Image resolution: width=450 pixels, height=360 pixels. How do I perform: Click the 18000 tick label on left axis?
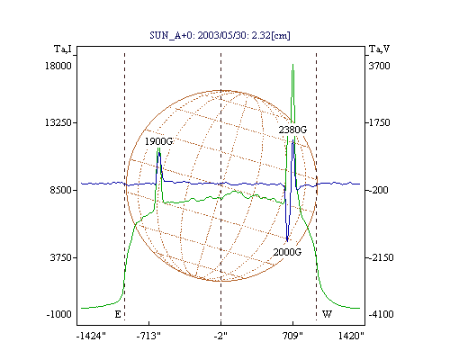point(58,66)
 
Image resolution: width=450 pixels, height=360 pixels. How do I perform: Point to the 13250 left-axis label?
point(58,122)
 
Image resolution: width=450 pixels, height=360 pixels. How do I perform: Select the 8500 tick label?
point(61,190)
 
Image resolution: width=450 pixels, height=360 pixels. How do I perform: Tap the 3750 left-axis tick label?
point(61,257)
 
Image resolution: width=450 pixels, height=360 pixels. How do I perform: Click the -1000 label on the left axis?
point(58,314)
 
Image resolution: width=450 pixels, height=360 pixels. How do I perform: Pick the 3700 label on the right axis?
point(379,66)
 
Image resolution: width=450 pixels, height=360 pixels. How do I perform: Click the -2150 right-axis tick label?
point(381,257)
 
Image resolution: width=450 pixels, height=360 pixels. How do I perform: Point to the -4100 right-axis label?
point(381,314)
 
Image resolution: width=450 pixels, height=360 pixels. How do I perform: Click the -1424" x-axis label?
point(91,336)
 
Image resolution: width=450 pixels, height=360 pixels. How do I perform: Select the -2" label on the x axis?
point(220,336)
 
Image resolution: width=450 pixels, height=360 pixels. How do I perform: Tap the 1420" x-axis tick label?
point(351,336)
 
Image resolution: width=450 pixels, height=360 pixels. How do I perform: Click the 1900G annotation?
point(158,141)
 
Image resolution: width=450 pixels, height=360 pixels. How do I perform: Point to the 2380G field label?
point(292,130)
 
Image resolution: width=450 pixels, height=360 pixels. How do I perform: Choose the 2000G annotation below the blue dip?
point(287,252)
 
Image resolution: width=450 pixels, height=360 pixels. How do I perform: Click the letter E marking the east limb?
point(118,314)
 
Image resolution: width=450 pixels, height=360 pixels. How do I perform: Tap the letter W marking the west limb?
point(327,314)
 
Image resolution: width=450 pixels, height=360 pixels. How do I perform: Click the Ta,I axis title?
point(63,49)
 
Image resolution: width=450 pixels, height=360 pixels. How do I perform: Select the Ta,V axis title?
point(379,49)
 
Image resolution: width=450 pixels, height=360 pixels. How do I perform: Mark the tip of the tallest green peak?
point(292,64)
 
